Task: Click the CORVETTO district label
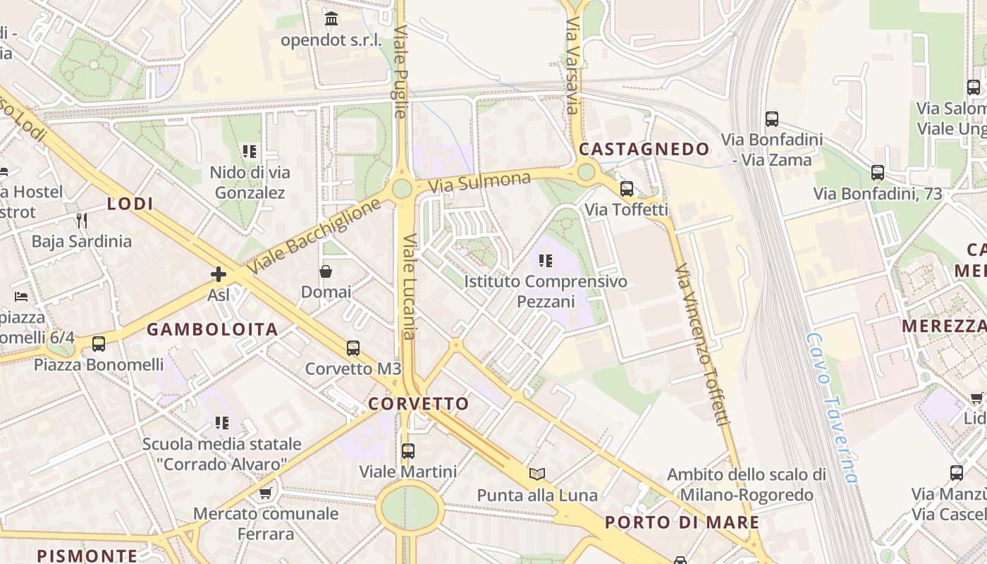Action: (x=418, y=404)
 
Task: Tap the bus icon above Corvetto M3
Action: (x=353, y=348)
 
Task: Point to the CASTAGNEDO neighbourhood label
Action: (x=644, y=149)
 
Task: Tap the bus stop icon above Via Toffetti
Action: (x=626, y=189)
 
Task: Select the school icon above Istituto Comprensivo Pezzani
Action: (x=545, y=262)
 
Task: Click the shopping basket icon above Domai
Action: (x=326, y=271)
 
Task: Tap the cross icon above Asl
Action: (x=219, y=274)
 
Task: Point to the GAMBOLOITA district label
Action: (x=212, y=329)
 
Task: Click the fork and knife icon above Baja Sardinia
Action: (x=82, y=221)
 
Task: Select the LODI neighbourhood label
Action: (x=130, y=204)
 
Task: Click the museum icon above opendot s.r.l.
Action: (x=331, y=18)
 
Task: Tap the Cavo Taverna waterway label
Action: (x=833, y=408)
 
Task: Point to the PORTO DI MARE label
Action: (x=682, y=523)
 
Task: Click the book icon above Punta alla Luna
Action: (x=537, y=474)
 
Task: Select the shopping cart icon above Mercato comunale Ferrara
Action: (x=265, y=493)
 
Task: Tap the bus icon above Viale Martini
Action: (x=407, y=450)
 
